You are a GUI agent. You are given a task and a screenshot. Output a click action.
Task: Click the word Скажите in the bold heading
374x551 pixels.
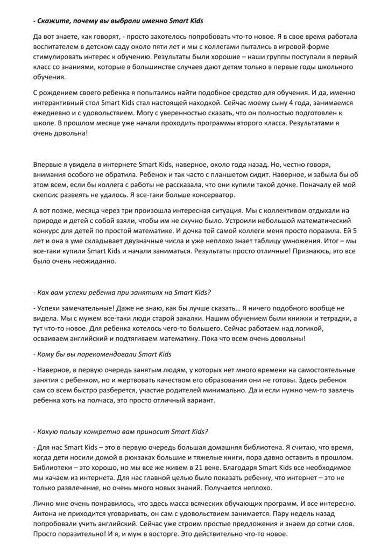pyautogui.click(x=53, y=20)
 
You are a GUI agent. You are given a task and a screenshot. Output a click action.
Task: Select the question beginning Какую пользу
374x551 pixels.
pyautogui.click(x=121, y=432)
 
